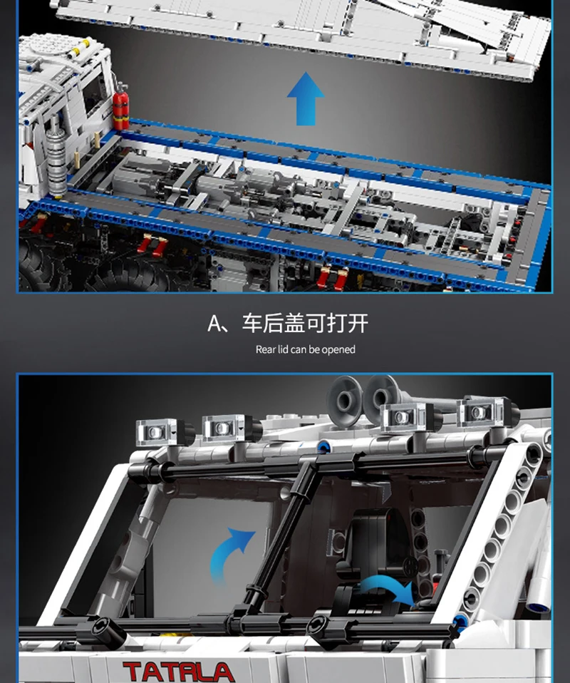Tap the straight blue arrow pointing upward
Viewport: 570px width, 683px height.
click(306, 99)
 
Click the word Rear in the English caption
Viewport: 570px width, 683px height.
click(266, 349)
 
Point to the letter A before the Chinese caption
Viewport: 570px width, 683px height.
click(214, 324)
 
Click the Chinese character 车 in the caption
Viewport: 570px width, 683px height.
click(252, 323)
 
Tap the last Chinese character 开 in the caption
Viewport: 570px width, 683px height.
click(358, 323)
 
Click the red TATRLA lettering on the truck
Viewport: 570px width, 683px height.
click(179, 672)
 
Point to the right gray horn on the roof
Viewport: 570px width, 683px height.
click(381, 399)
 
